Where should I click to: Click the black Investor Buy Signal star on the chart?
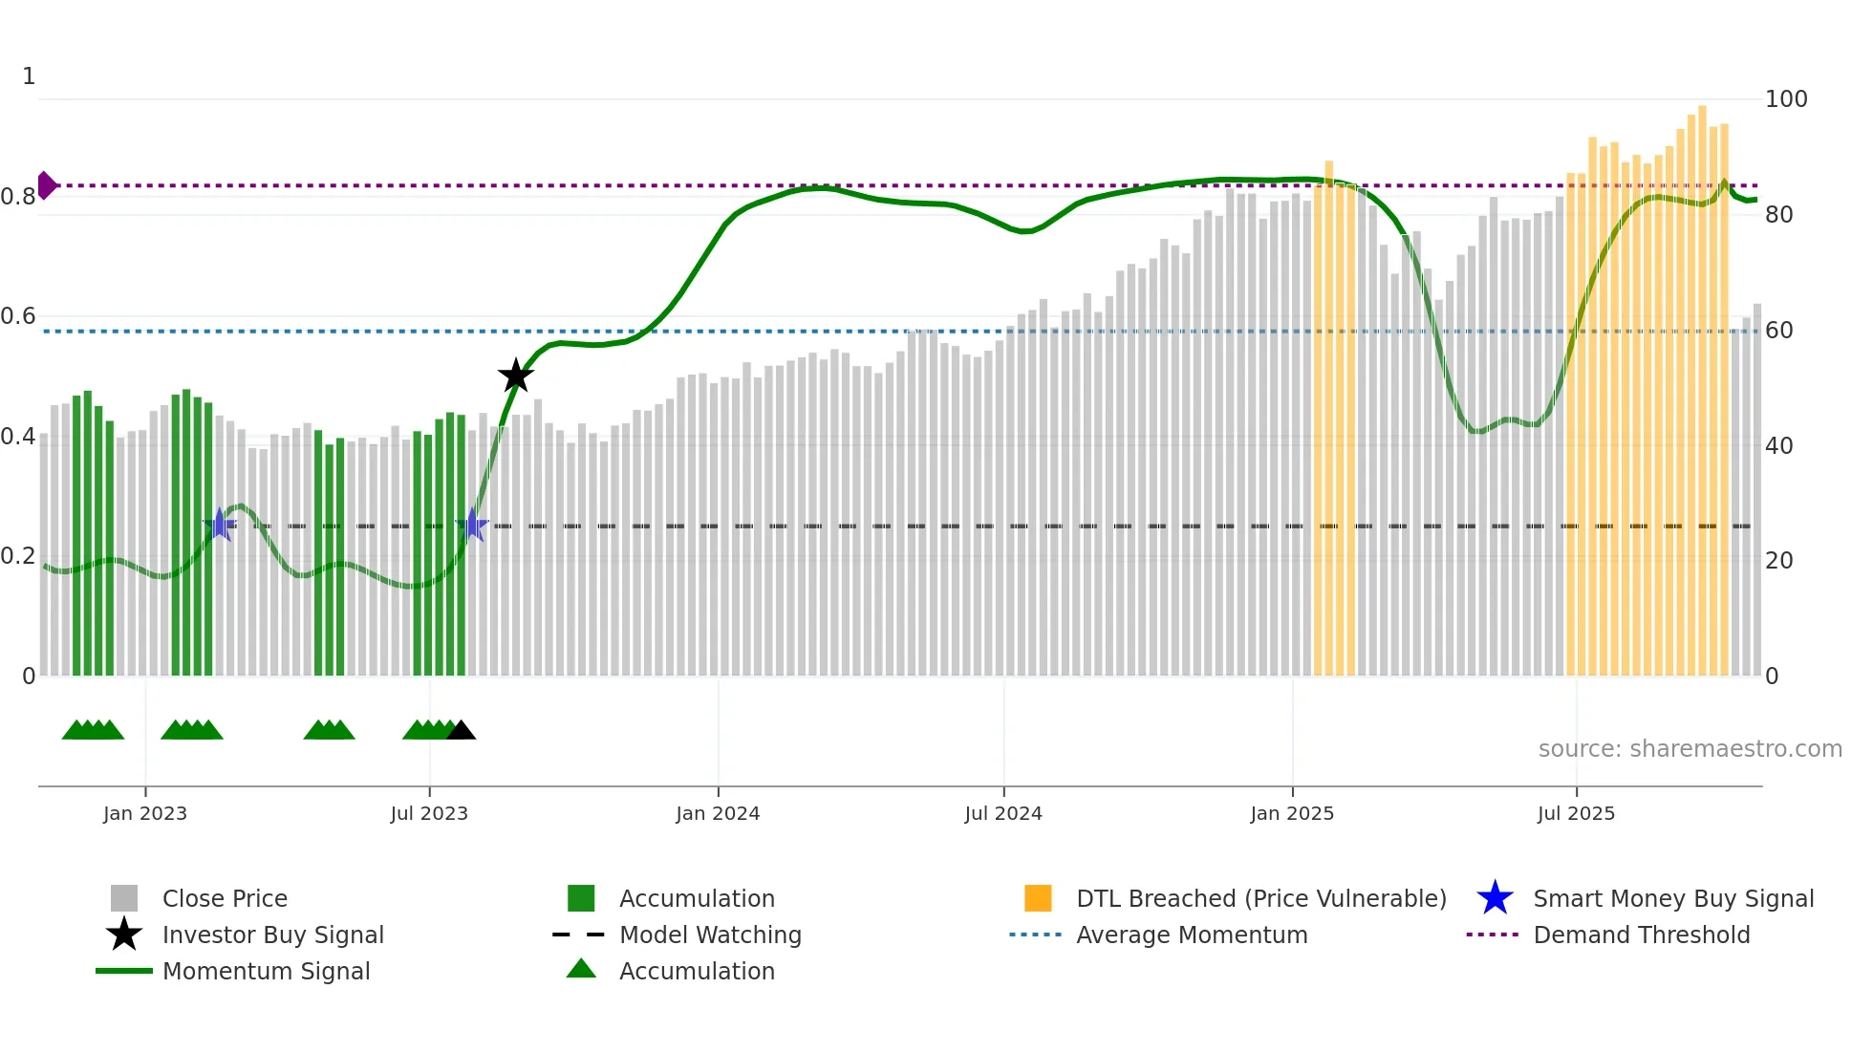[x=516, y=376]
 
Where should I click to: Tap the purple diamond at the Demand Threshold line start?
[x=46, y=185]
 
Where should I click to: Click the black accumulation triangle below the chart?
[x=461, y=731]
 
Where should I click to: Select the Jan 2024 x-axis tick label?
[x=718, y=813]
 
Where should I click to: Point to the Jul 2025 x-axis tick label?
[x=1576, y=813]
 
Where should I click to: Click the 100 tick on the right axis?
[x=1785, y=99]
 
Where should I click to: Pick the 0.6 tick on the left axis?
[x=18, y=316]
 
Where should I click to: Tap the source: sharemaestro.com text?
[x=1690, y=749]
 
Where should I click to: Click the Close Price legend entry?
[x=225, y=898]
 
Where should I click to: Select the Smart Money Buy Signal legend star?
[x=1495, y=898]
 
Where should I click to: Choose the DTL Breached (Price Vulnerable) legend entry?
[x=1260, y=898]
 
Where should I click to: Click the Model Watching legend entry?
[x=710, y=935]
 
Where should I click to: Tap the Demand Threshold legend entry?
[x=1641, y=935]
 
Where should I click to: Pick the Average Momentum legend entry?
[x=1191, y=935]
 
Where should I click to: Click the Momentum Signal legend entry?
[x=266, y=971]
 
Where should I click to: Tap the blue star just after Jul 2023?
[x=472, y=526]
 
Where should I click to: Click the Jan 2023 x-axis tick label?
[x=145, y=813]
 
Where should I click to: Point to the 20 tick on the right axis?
[x=1778, y=561]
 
